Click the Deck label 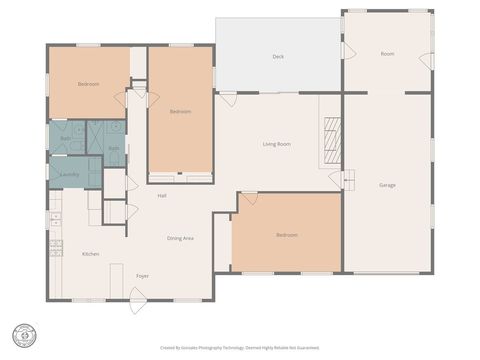click(x=278, y=57)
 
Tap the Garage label click(x=387, y=185)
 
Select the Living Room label click(x=277, y=144)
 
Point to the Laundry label click(x=69, y=174)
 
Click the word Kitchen click(x=90, y=254)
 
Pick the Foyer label click(x=143, y=276)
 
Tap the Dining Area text click(x=180, y=238)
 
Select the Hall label click(x=161, y=195)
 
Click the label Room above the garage click(x=387, y=54)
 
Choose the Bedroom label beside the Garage click(x=287, y=235)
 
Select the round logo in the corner click(x=22, y=334)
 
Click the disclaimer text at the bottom click(x=239, y=347)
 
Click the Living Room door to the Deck click(x=229, y=96)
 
